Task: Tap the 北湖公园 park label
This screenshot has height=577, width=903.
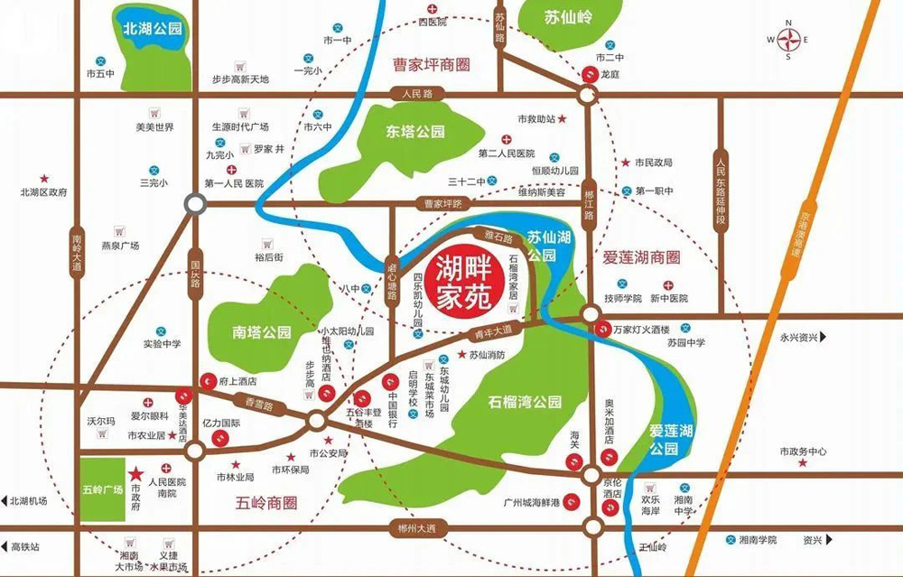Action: pos(153,30)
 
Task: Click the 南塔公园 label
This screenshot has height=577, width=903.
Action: pos(262,332)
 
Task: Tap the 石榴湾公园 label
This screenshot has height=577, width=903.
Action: pos(526,401)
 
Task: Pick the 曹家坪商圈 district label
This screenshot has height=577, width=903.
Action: pos(433,65)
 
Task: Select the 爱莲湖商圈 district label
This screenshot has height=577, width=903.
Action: pos(640,257)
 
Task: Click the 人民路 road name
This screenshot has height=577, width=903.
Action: pos(418,93)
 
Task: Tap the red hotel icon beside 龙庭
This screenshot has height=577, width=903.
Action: pos(589,74)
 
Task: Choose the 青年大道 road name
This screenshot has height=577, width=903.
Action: pos(493,330)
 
